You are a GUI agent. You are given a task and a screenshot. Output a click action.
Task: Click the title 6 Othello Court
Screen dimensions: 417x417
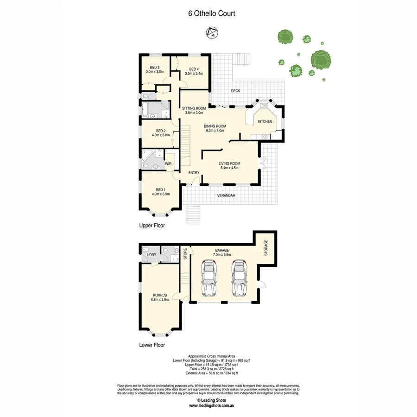coord(211,13)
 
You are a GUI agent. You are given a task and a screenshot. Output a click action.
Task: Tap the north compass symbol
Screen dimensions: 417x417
coord(212,33)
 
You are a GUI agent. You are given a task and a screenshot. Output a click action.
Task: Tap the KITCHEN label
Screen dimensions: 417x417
coord(265,121)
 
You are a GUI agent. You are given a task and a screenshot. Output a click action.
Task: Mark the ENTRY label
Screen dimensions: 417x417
coord(194,173)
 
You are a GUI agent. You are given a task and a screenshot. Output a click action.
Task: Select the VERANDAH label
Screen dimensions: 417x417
coord(227,196)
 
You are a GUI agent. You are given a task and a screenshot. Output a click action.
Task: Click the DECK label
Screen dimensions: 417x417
coord(235,91)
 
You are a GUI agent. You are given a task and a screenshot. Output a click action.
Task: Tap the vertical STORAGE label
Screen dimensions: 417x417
coord(266,248)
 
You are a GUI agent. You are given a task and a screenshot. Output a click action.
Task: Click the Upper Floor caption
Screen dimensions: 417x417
coord(152,226)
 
